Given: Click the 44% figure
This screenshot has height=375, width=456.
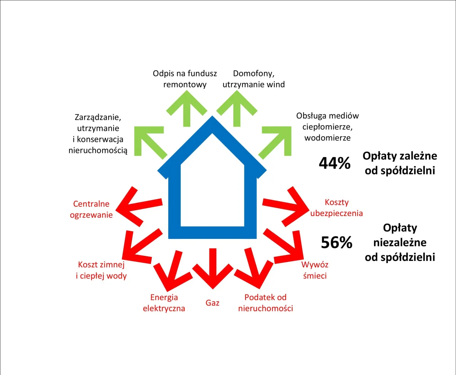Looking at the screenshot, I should coord(335,163).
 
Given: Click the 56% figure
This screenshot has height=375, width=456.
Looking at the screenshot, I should coord(336,243).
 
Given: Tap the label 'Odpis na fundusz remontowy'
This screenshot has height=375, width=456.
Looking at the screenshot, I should coord(185,79).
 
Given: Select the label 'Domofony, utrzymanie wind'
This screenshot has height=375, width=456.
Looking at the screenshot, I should coord(254,79).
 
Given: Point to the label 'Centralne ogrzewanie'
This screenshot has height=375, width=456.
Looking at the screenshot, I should coord(91,209).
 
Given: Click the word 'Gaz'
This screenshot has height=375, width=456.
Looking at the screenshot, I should coord(212,303).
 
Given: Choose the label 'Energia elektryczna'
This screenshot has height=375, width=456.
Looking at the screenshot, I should coord(164,303).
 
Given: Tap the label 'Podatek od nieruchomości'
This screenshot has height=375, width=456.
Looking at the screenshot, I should coord(265,303).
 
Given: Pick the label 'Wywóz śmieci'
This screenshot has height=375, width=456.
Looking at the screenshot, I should coord(315,270).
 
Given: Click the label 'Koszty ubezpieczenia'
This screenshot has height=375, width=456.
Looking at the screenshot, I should coord(336,208).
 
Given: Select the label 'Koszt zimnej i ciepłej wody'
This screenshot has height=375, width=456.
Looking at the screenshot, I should coord(101,270).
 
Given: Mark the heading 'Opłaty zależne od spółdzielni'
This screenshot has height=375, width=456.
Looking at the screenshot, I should coord(400,163).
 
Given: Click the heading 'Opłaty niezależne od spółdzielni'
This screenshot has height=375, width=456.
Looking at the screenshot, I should coord(400,242).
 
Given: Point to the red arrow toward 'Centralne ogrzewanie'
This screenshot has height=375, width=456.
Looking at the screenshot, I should coord(137,206).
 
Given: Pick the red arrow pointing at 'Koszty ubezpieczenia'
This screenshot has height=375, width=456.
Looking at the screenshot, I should coord(287,206).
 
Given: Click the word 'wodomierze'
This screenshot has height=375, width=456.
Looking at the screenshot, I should coord(327,138).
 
